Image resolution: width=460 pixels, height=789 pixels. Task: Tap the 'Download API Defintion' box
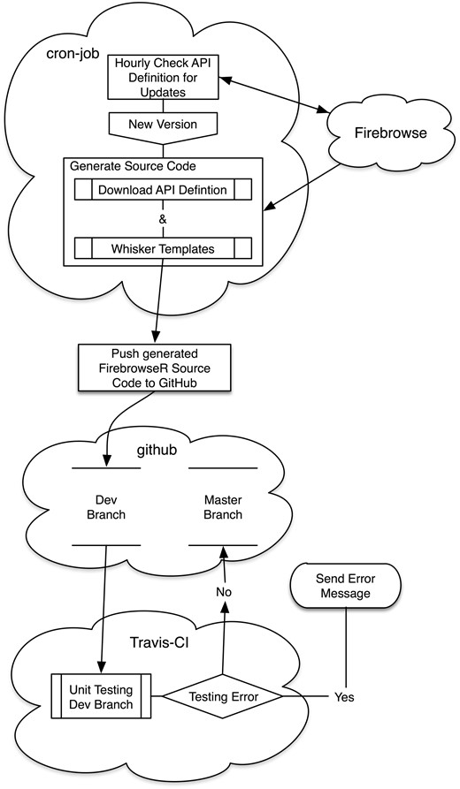tap(162, 189)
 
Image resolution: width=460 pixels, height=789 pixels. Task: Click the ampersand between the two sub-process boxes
tap(162, 218)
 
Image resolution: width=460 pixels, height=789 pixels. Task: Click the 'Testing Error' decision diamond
tap(222, 697)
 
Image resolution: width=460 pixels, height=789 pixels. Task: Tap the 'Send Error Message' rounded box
tap(344, 584)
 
